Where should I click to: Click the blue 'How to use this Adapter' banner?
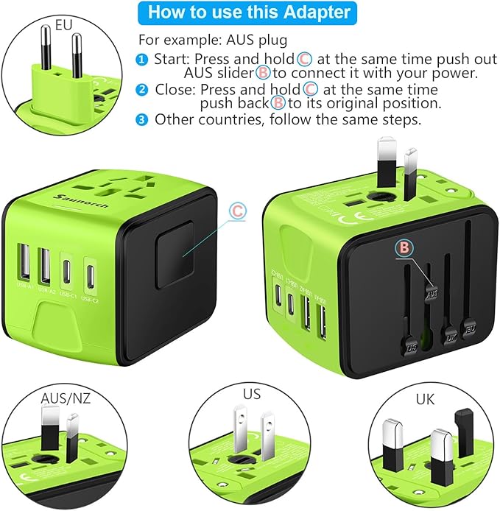point(250,13)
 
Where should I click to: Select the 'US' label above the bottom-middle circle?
point(251,393)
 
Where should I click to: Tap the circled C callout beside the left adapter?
point(236,211)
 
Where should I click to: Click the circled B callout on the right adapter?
point(403,248)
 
